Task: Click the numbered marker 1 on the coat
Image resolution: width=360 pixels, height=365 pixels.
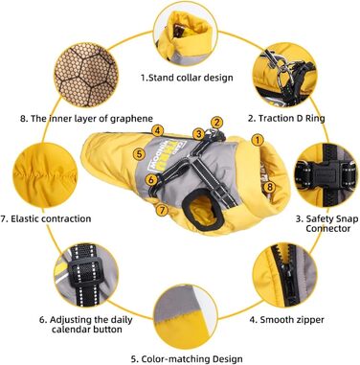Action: [258, 140]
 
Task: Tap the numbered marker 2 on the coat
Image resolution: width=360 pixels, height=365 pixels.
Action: [216, 123]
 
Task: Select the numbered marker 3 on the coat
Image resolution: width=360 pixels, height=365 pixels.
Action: [199, 133]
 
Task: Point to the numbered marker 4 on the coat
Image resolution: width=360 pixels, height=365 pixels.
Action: [158, 130]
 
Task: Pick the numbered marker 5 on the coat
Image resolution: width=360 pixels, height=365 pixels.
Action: [139, 154]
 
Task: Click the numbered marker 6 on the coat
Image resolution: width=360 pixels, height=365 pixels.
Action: [152, 179]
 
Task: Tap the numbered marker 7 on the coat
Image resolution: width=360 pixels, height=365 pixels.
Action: [163, 210]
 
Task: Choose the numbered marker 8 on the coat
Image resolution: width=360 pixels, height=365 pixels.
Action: [270, 187]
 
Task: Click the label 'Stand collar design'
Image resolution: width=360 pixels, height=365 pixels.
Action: [187, 78]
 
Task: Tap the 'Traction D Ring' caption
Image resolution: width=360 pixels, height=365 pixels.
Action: [286, 119]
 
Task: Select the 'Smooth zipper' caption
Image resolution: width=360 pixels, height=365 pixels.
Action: [287, 320]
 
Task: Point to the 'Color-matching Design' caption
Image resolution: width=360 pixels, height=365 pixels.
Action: [187, 358]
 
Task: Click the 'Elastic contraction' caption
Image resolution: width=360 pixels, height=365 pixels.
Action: [46, 218]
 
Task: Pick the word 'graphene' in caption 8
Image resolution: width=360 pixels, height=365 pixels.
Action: [131, 119]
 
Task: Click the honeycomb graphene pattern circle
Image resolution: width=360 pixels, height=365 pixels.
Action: [86, 76]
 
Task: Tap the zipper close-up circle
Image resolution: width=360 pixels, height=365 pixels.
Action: [285, 275]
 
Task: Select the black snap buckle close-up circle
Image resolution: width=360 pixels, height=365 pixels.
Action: [326, 175]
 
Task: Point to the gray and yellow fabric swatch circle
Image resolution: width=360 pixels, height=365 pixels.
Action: [186, 316]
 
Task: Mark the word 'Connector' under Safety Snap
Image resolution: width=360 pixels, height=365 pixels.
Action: [327, 229]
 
